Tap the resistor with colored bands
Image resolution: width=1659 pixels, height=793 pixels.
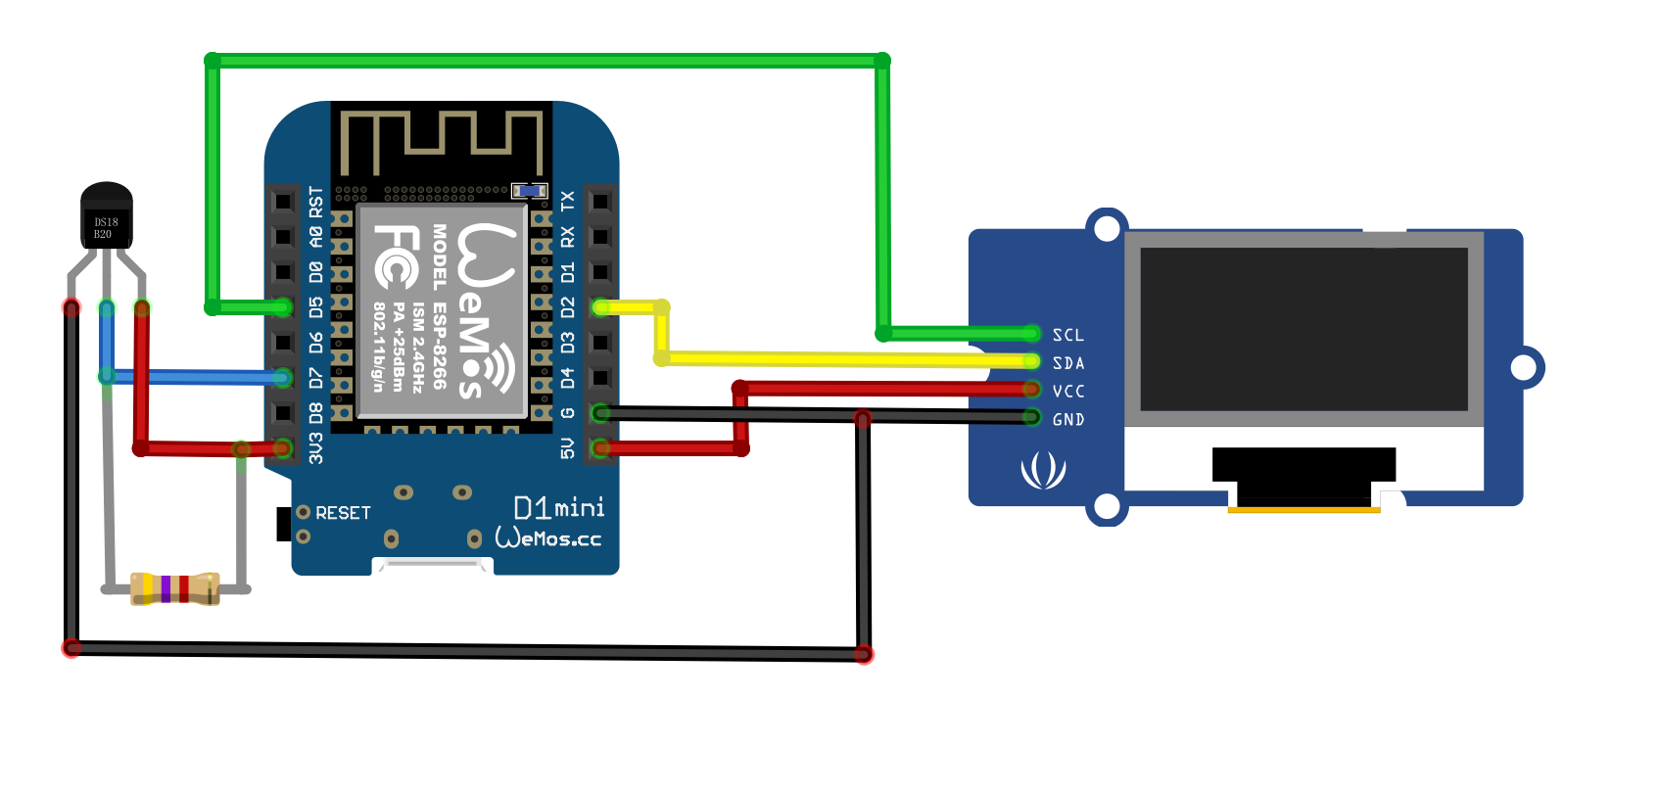[x=174, y=588]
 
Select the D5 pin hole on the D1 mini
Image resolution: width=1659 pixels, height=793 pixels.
[x=283, y=307]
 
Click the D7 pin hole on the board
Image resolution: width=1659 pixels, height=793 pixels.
[x=283, y=378]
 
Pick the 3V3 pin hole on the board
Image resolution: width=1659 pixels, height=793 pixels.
[x=283, y=448]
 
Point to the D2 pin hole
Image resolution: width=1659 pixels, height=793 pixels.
[x=600, y=307]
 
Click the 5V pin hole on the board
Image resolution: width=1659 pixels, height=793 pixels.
[x=600, y=448]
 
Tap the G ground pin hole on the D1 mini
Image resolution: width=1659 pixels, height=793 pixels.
[x=600, y=413]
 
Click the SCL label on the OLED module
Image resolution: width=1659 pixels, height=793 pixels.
[x=1068, y=336]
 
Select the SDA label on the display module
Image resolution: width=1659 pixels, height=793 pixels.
[x=1068, y=363]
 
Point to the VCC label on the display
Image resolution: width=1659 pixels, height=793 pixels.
[x=1068, y=392]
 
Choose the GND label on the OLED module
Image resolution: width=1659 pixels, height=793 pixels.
[x=1068, y=420]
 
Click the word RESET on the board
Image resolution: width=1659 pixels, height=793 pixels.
[x=343, y=513]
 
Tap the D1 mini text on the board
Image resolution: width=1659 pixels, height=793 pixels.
[x=559, y=507]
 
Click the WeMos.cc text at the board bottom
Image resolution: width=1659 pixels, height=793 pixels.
[x=548, y=538]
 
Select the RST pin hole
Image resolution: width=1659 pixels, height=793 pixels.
[x=283, y=202]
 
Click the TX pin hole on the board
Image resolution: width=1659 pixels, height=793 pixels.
[x=600, y=202]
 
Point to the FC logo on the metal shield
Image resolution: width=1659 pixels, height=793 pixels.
[x=398, y=257]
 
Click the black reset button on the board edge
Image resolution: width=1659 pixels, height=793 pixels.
[x=283, y=524]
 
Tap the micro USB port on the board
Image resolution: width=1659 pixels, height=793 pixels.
[x=433, y=566]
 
